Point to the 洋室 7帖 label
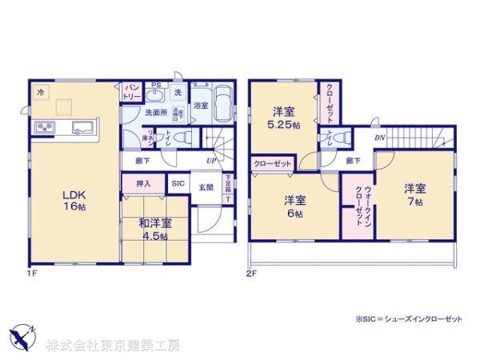click(414, 194)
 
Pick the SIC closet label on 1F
click(178, 184)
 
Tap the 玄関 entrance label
click(206, 188)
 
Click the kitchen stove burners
click(43, 129)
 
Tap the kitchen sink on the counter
click(83, 127)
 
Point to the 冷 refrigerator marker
click(40, 92)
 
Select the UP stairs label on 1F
click(210, 161)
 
